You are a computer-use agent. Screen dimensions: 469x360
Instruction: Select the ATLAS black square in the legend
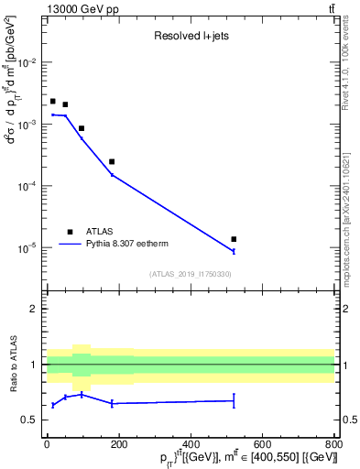(69, 232)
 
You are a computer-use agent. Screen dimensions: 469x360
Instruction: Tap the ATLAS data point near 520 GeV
(235, 239)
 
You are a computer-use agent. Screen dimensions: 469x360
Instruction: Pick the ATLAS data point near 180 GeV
(112, 161)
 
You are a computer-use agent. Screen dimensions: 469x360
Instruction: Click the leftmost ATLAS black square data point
(53, 101)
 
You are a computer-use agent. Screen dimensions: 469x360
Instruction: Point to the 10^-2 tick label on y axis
(27, 62)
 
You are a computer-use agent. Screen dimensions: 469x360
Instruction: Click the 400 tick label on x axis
(191, 445)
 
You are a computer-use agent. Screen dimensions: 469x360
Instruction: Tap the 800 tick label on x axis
(334, 445)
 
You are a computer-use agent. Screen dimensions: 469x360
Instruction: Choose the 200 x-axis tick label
(118, 445)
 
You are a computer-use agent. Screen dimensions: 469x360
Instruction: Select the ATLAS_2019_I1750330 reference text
(191, 274)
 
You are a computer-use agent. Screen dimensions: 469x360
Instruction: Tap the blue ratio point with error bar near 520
(235, 400)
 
